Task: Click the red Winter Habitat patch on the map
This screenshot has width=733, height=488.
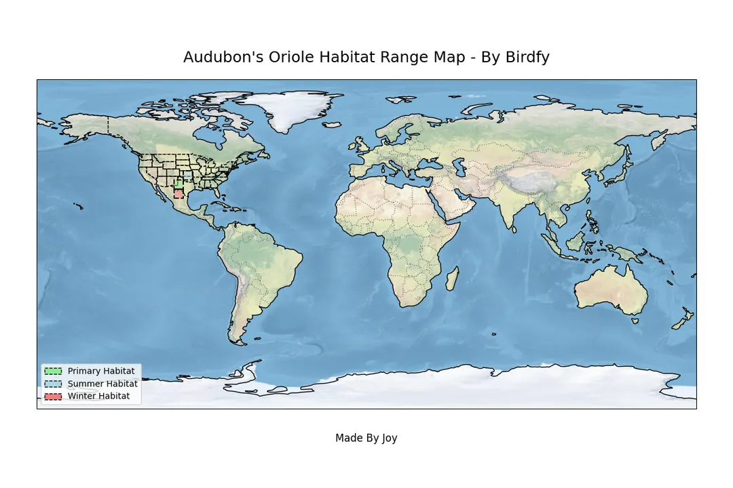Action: point(178,194)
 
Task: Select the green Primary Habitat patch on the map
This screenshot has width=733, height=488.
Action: point(178,184)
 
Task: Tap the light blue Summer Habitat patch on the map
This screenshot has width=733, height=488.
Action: point(187,175)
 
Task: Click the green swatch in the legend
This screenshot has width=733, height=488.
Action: point(53,371)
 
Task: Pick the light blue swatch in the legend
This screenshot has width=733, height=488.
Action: point(53,384)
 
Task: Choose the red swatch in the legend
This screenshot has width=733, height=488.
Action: point(53,396)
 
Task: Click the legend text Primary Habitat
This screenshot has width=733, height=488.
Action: point(101,371)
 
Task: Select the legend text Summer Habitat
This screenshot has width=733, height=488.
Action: point(102,384)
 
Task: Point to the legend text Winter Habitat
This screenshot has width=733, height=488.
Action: point(98,396)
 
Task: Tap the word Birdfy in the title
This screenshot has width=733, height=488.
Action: point(527,58)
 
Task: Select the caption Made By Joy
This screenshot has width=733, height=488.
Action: point(366,438)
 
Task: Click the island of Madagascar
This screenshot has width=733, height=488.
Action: point(452,279)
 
